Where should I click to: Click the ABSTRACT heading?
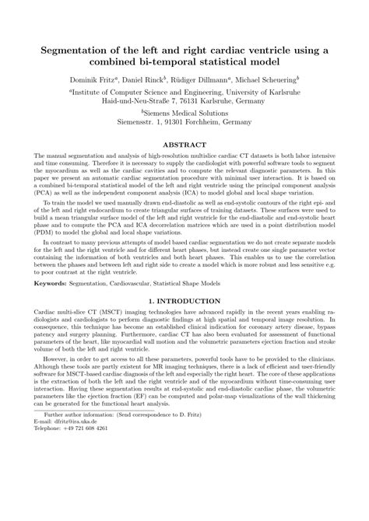pyautogui.click(x=184, y=145)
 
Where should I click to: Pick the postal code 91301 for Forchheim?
pyautogui.click(x=165, y=123)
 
